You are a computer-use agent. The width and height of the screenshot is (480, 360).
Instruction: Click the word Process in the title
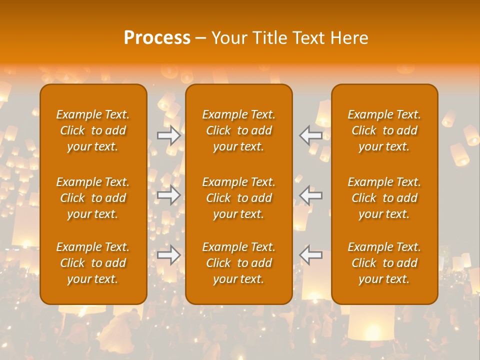coord(157,38)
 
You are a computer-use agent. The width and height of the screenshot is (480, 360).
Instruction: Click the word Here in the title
coord(349,38)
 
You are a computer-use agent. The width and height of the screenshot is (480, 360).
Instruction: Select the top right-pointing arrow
coord(169,135)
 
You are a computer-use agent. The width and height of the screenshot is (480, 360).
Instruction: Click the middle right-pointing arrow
coord(169,195)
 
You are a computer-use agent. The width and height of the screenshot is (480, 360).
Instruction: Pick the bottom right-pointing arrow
coord(169,254)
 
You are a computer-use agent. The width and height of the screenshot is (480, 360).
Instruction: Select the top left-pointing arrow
coord(311,135)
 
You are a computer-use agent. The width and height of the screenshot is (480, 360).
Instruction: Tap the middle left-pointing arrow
coord(311,195)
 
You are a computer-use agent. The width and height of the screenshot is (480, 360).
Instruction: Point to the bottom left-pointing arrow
coord(311,254)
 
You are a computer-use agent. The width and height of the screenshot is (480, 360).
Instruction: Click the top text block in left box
coord(93,130)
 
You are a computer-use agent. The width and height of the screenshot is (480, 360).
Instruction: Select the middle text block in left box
coord(93,198)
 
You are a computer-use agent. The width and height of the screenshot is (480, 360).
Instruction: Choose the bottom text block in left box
coord(93,263)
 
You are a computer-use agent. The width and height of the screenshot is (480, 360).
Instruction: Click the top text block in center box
coord(239,130)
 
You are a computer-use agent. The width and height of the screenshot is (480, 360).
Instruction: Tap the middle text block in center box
coord(239,198)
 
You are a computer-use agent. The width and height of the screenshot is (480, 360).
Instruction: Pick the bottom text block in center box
coord(239,263)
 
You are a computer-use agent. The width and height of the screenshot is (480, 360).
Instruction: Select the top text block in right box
coord(384,130)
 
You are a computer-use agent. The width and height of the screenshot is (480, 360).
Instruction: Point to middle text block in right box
coord(384,198)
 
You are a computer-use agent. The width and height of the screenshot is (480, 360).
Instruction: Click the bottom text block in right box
coord(384,263)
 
